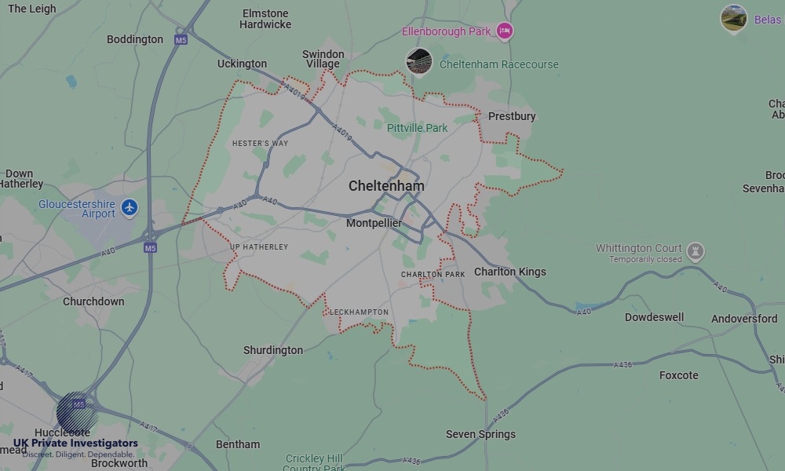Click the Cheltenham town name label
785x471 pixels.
(x=386, y=186)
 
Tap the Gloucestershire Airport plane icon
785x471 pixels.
(x=130, y=208)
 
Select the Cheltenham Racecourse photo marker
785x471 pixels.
(x=419, y=62)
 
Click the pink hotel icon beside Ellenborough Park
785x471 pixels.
(x=505, y=31)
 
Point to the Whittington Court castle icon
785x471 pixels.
(x=695, y=252)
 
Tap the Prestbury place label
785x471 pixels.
(x=512, y=116)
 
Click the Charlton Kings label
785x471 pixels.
(x=509, y=272)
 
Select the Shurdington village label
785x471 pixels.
(x=273, y=350)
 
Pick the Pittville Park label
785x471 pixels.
(x=417, y=128)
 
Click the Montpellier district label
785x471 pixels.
(x=374, y=224)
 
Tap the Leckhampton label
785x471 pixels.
(x=359, y=312)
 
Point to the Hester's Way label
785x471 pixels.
(x=261, y=144)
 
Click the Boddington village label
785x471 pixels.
(x=135, y=39)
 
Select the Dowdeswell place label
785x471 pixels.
(x=654, y=318)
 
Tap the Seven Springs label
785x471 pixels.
(x=480, y=434)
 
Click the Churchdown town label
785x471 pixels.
(x=93, y=301)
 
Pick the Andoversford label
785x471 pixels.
(x=744, y=319)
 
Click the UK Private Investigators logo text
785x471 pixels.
(x=75, y=444)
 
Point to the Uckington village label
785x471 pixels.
(x=242, y=64)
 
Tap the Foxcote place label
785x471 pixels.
(x=678, y=375)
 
